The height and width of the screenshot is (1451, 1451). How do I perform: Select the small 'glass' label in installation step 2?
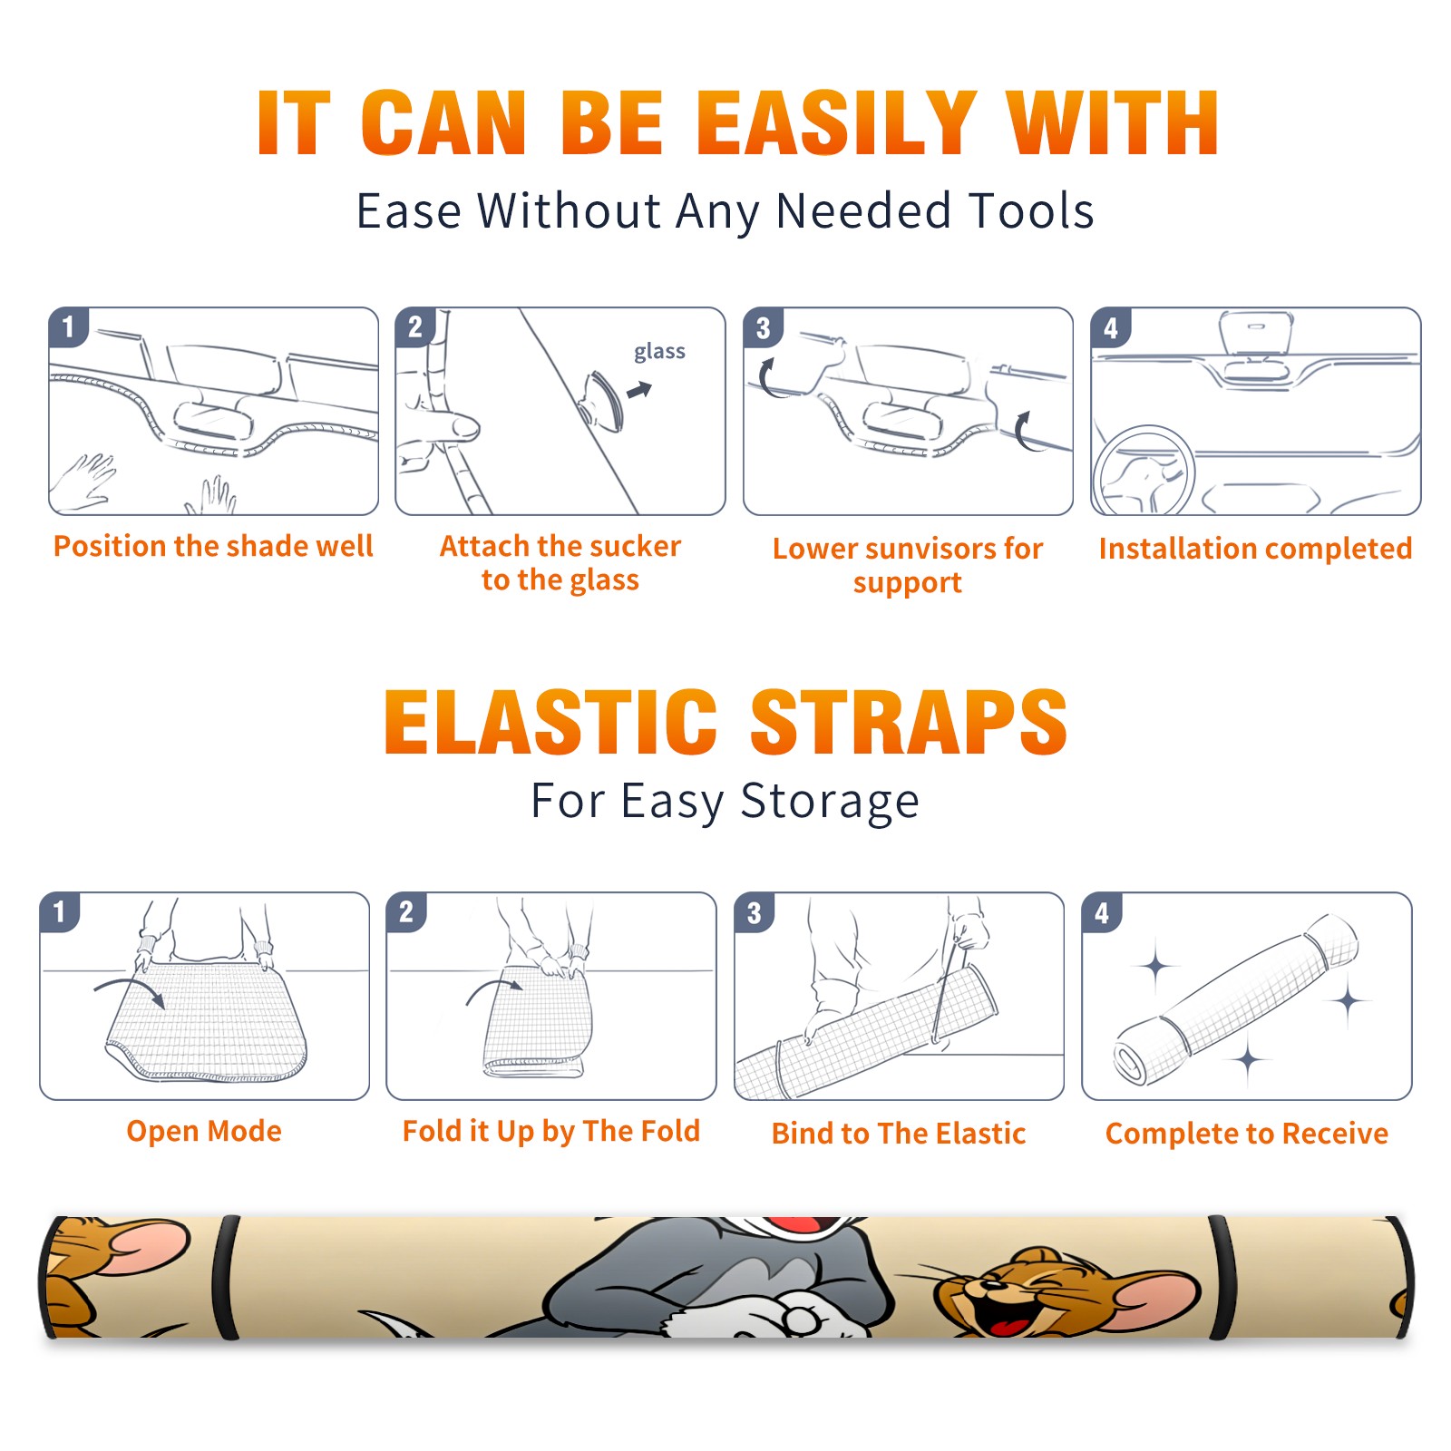[659, 352]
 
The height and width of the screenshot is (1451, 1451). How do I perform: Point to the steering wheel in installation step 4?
[1144, 470]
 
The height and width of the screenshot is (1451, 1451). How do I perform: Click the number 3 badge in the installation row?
[763, 327]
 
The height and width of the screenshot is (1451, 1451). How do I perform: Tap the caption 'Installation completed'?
[1255, 548]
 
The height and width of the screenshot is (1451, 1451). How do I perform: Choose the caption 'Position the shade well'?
[213, 546]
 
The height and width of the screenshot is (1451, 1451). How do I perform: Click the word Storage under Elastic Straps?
[830, 802]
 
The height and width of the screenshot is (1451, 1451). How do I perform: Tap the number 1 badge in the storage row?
[60, 911]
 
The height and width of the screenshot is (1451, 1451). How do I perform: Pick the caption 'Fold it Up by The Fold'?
[551, 1131]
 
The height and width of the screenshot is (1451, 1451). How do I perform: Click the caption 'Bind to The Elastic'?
[899, 1134]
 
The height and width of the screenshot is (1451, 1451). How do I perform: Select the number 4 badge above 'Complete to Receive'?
[1102, 912]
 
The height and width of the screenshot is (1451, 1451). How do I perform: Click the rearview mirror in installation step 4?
[1255, 332]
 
